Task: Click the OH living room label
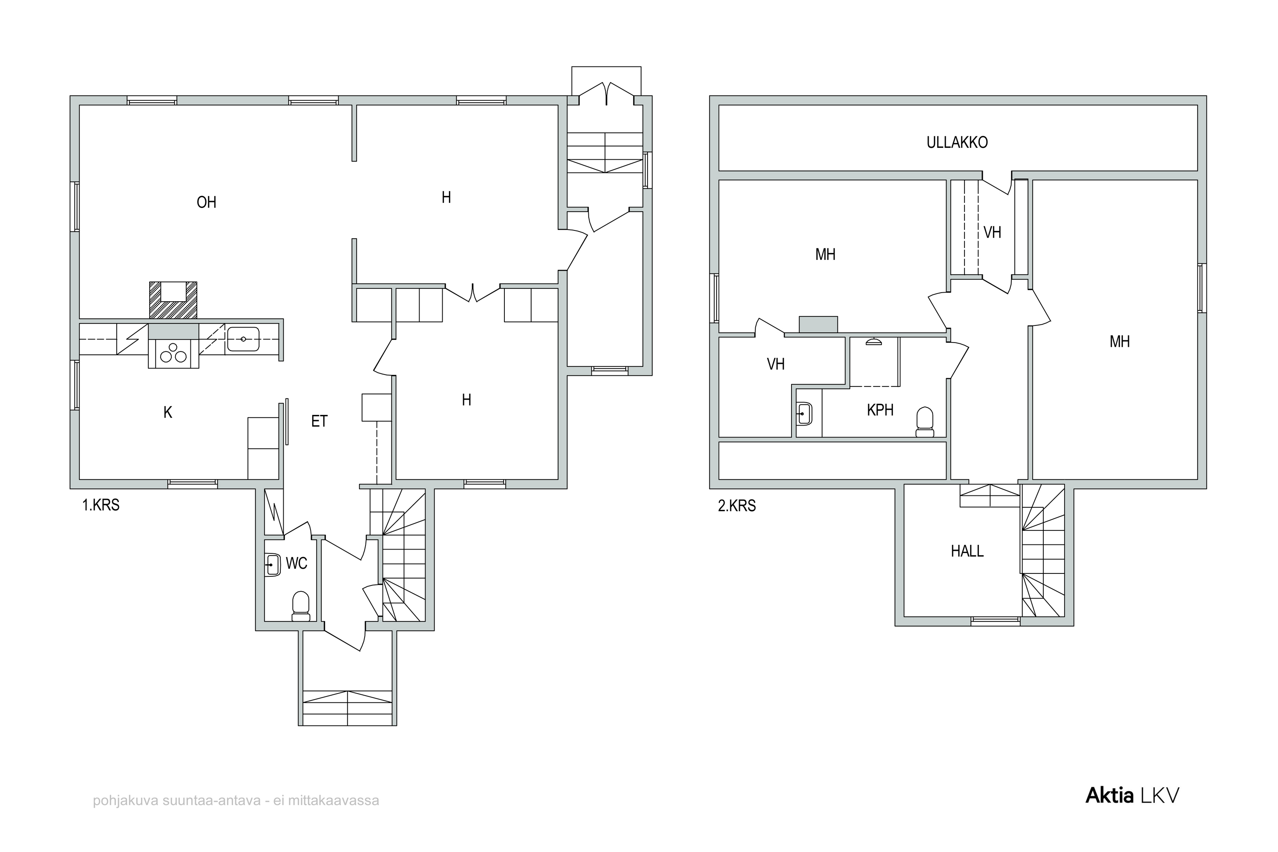point(207,202)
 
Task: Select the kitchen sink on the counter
point(243,339)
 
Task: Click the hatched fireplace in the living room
point(173,300)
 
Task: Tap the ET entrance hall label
point(319,421)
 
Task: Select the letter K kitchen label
point(168,412)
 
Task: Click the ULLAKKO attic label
point(957,142)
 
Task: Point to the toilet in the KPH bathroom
point(924,422)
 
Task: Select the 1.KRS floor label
point(101,505)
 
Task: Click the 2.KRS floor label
point(737,506)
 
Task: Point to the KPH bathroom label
point(880,410)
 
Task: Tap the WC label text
point(296,563)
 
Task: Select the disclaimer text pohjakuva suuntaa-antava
point(236,800)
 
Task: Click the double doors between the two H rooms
point(473,293)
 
